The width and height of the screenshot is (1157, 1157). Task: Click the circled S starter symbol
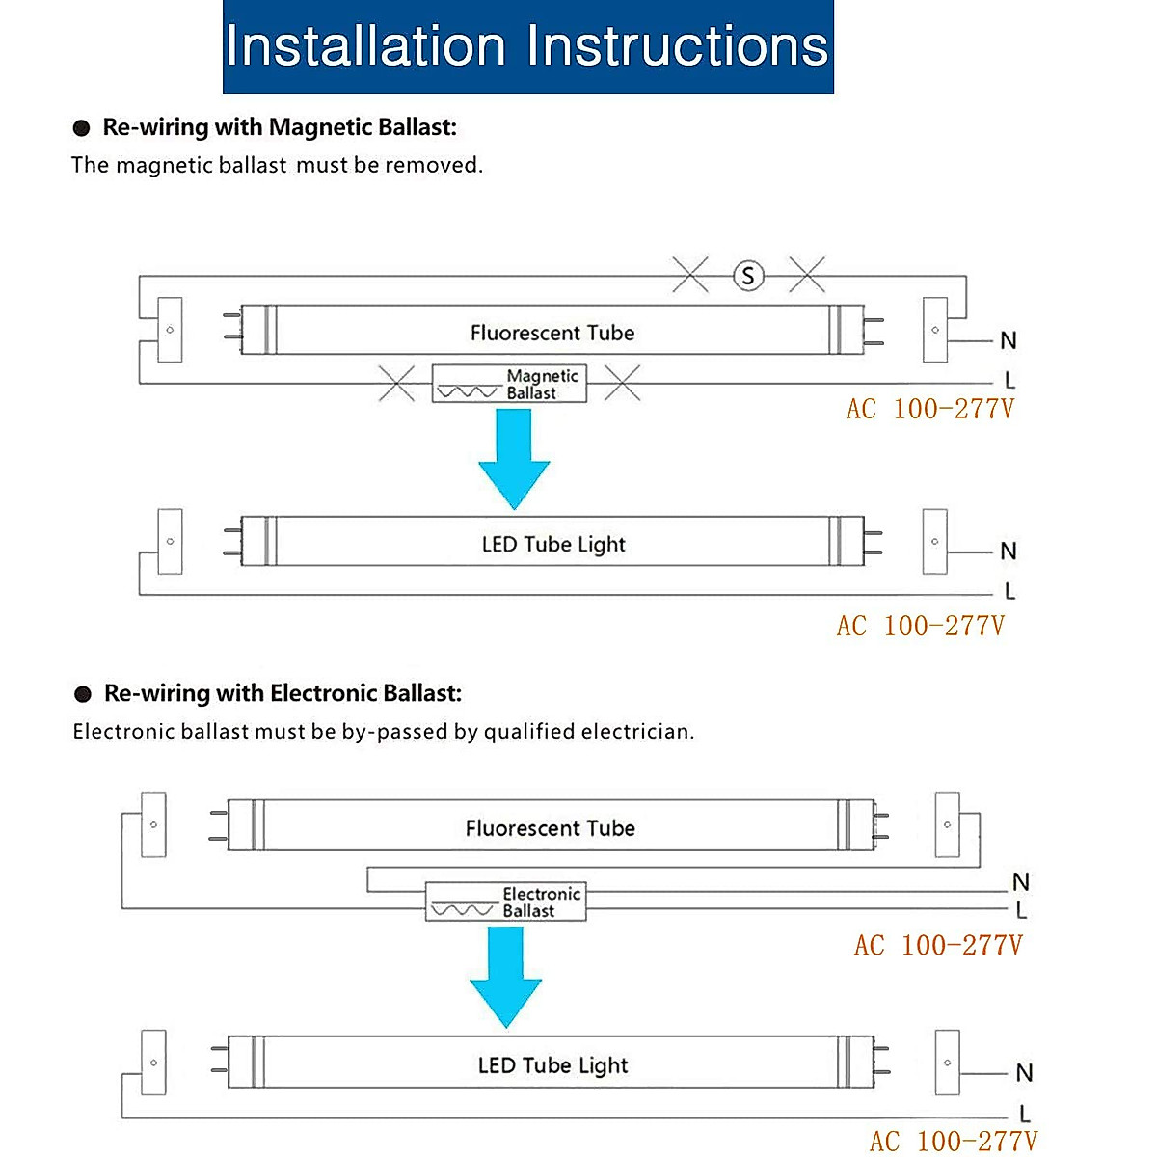click(x=748, y=277)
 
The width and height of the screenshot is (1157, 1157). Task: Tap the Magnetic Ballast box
click(x=509, y=384)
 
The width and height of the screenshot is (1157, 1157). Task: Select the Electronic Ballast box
click(x=506, y=902)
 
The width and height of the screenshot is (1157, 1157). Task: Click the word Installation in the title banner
click(x=365, y=46)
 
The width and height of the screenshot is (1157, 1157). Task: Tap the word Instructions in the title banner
click(x=678, y=46)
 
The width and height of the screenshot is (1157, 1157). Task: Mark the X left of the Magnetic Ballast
click(x=396, y=384)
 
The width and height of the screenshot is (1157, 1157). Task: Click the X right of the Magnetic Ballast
click(x=622, y=384)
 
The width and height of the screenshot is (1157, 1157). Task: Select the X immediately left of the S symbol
click(x=690, y=276)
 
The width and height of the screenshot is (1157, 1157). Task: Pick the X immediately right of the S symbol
click(x=807, y=276)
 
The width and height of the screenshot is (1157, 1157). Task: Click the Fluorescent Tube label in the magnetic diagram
click(x=552, y=334)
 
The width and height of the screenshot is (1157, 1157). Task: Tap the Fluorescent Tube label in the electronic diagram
click(x=550, y=828)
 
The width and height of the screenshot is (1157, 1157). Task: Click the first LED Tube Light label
click(x=553, y=545)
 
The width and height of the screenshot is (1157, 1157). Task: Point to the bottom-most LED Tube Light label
click(x=552, y=1065)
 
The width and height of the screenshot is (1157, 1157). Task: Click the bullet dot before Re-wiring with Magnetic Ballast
click(x=82, y=128)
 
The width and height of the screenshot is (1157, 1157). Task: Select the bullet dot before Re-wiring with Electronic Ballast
click(x=83, y=694)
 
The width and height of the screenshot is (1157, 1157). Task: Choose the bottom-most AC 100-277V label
click(x=953, y=1142)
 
